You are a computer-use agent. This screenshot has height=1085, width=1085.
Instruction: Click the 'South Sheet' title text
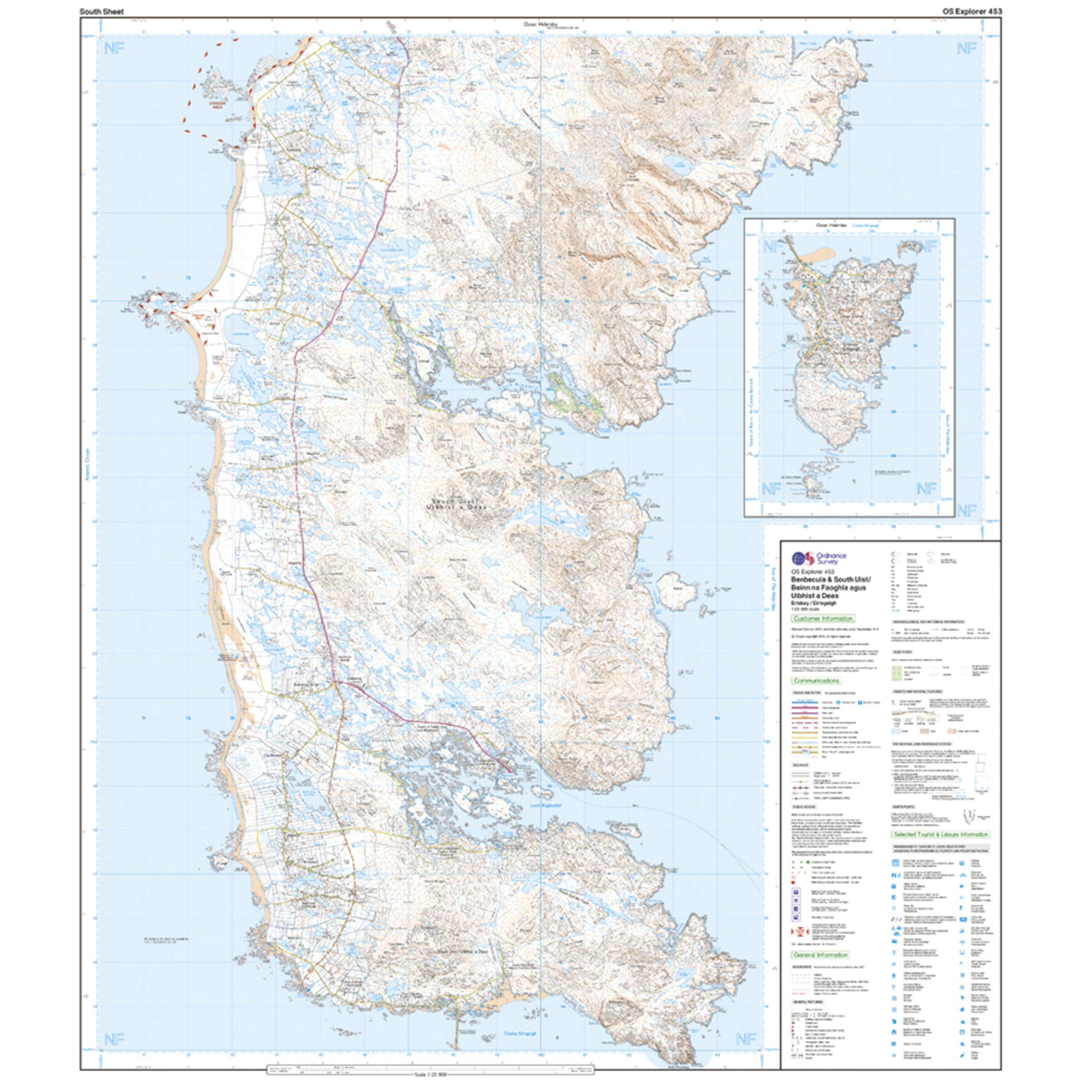click(x=101, y=11)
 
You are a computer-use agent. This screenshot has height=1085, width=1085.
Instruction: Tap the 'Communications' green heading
click(x=816, y=681)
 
